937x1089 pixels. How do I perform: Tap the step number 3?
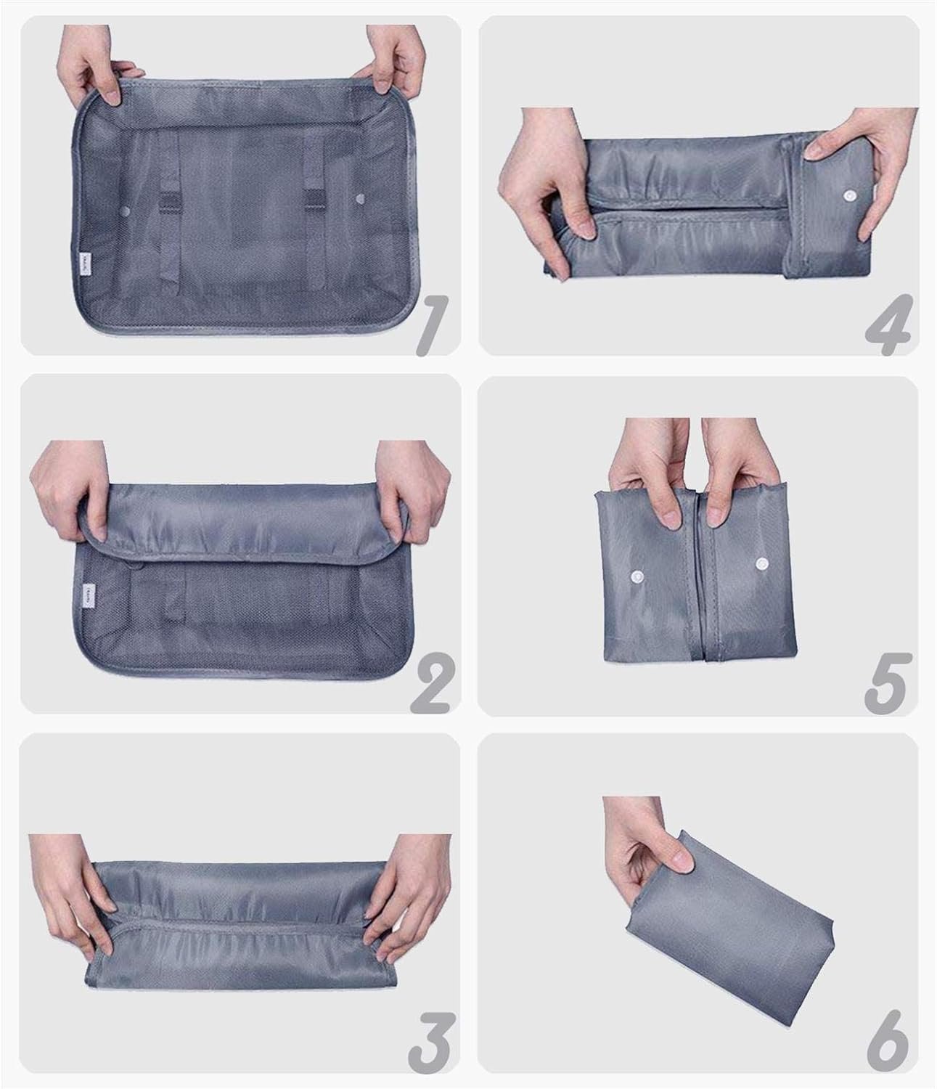[x=433, y=1043]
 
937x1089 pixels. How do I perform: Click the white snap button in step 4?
[x=848, y=197]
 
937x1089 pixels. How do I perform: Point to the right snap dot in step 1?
[x=361, y=197]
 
